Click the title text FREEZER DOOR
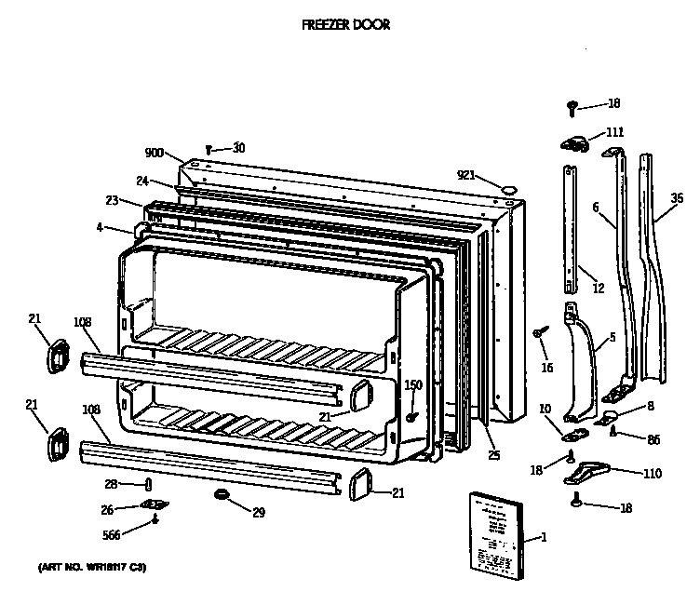coord(345,25)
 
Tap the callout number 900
coord(155,154)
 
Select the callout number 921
coord(466,174)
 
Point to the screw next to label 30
coord(210,148)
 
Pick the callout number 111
coord(614,132)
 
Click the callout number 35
coord(677,197)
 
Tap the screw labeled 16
coord(539,332)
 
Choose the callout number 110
coord(652,474)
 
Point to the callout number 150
coord(412,384)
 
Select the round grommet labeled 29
coord(222,492)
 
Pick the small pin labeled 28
coord(150,483)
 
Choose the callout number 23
coord(112,199)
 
